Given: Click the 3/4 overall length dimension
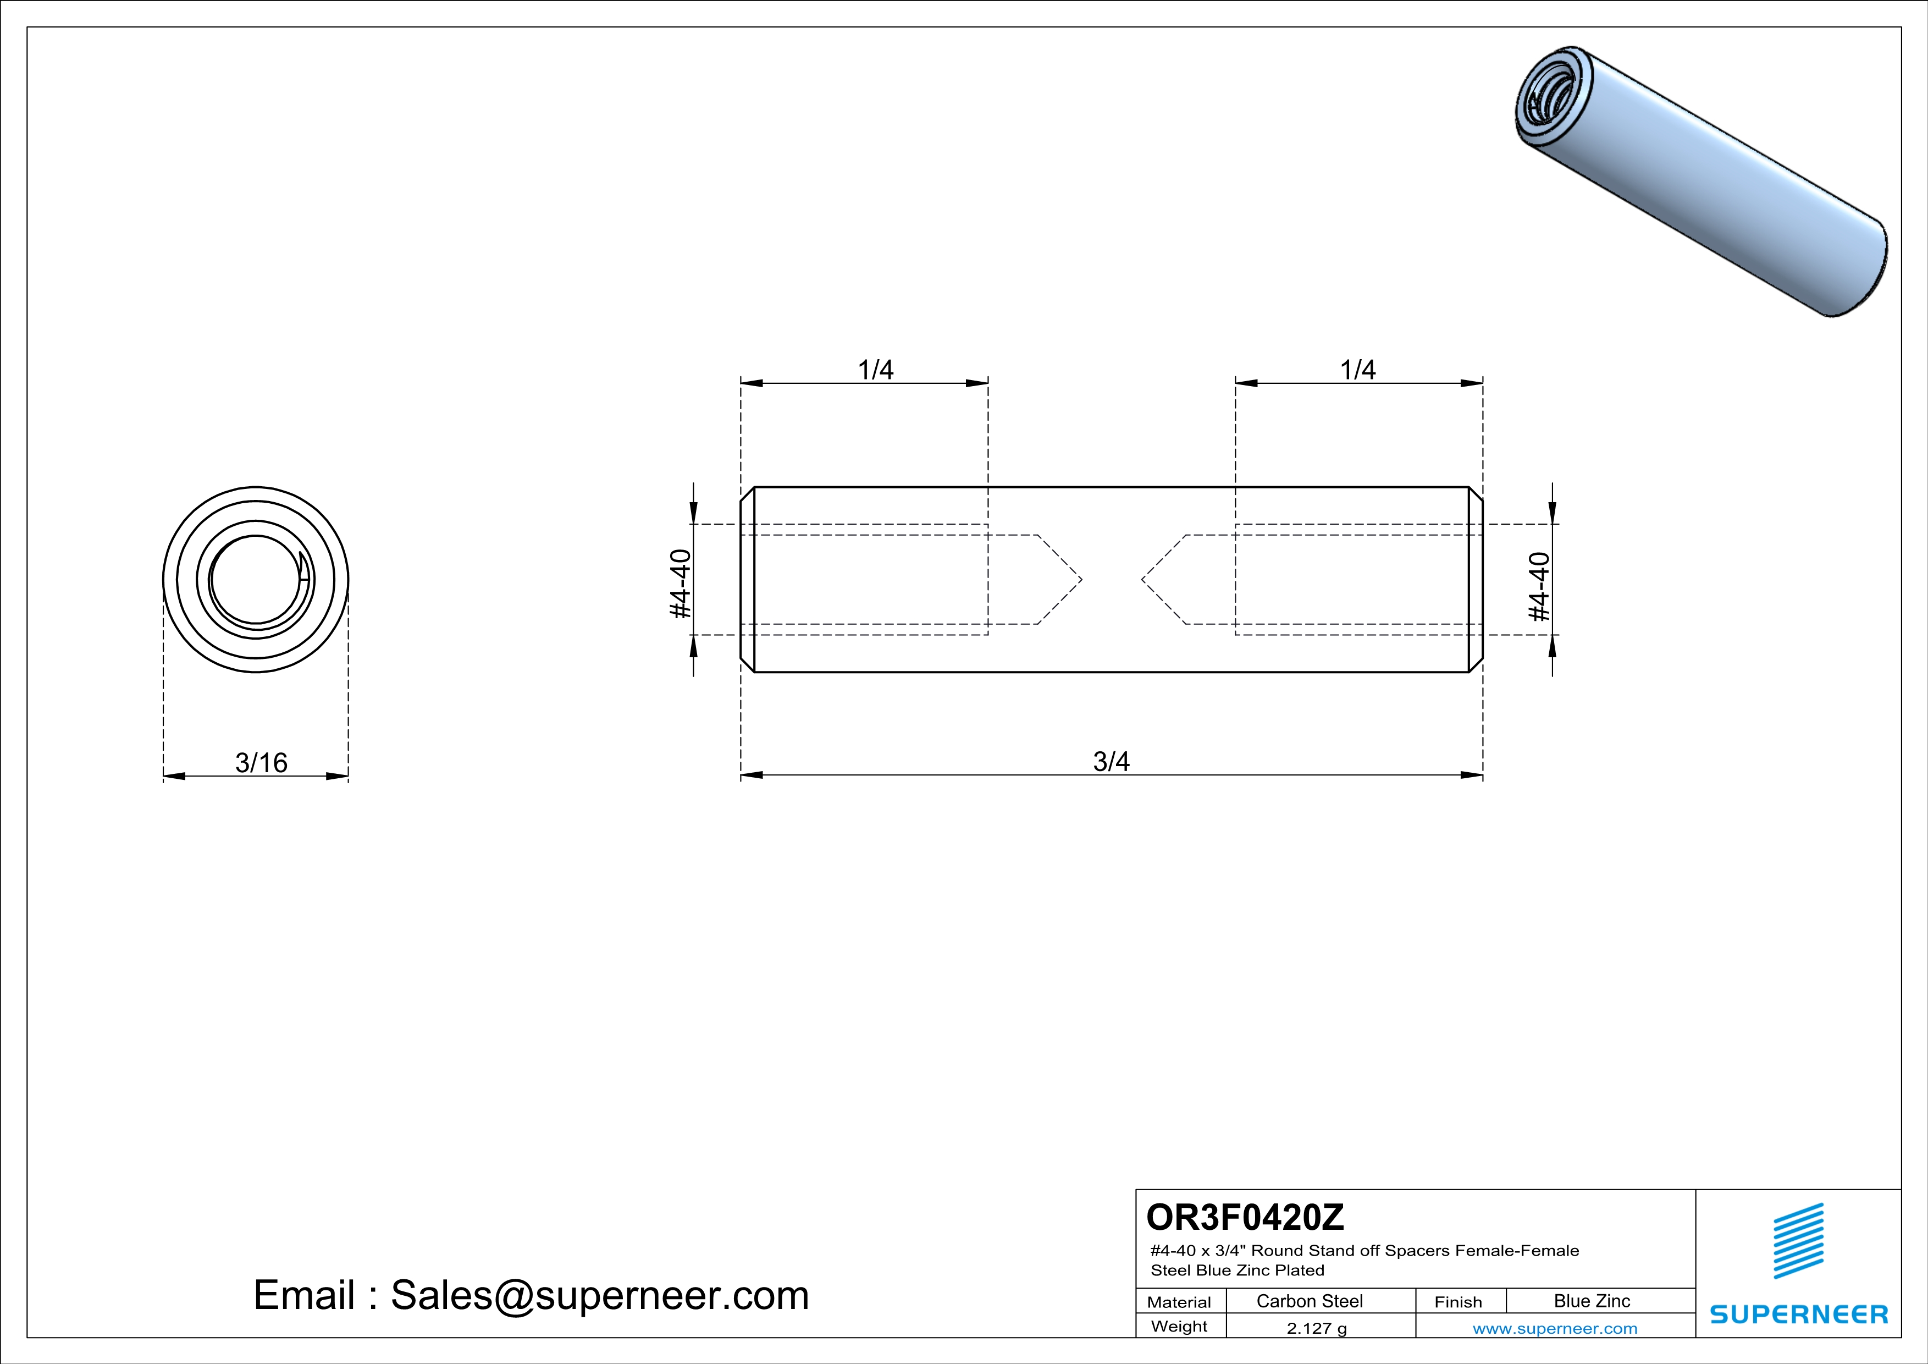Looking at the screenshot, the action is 1111,762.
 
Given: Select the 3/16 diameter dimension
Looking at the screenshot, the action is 261,763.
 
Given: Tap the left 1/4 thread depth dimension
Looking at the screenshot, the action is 875,370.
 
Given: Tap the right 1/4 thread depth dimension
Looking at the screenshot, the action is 1358,370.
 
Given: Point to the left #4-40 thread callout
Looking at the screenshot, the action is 680,584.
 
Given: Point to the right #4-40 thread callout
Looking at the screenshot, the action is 1538,586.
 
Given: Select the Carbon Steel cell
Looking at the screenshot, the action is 1309,1301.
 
